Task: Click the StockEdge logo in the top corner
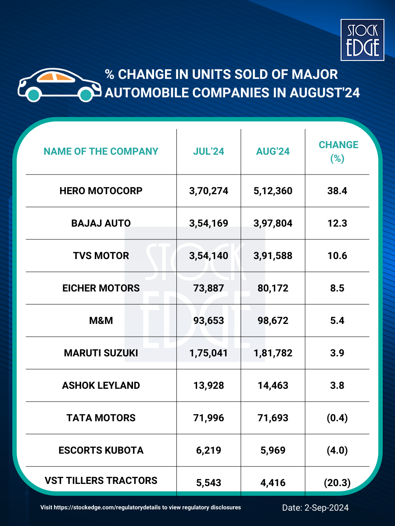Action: (x=363, y=39)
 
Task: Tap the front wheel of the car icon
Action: (x=86, y=94)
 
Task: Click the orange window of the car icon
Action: (x=54, y=78)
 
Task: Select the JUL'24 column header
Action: (x=209, y=152)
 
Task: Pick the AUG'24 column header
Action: (x=273, y=152)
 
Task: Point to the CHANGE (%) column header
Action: (x=338, y=152)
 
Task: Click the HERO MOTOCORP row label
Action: (x=101, y=191)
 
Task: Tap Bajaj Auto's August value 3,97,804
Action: (x=273, y=223)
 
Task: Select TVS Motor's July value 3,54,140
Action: (x=209, y=256)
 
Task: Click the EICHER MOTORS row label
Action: (x=101, y=288)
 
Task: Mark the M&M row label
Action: (x=101, y=320)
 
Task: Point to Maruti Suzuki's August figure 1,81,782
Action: (x=273, y=353)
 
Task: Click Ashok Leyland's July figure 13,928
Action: (x=209, y=385)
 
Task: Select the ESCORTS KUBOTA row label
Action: (x=101, y=450)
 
